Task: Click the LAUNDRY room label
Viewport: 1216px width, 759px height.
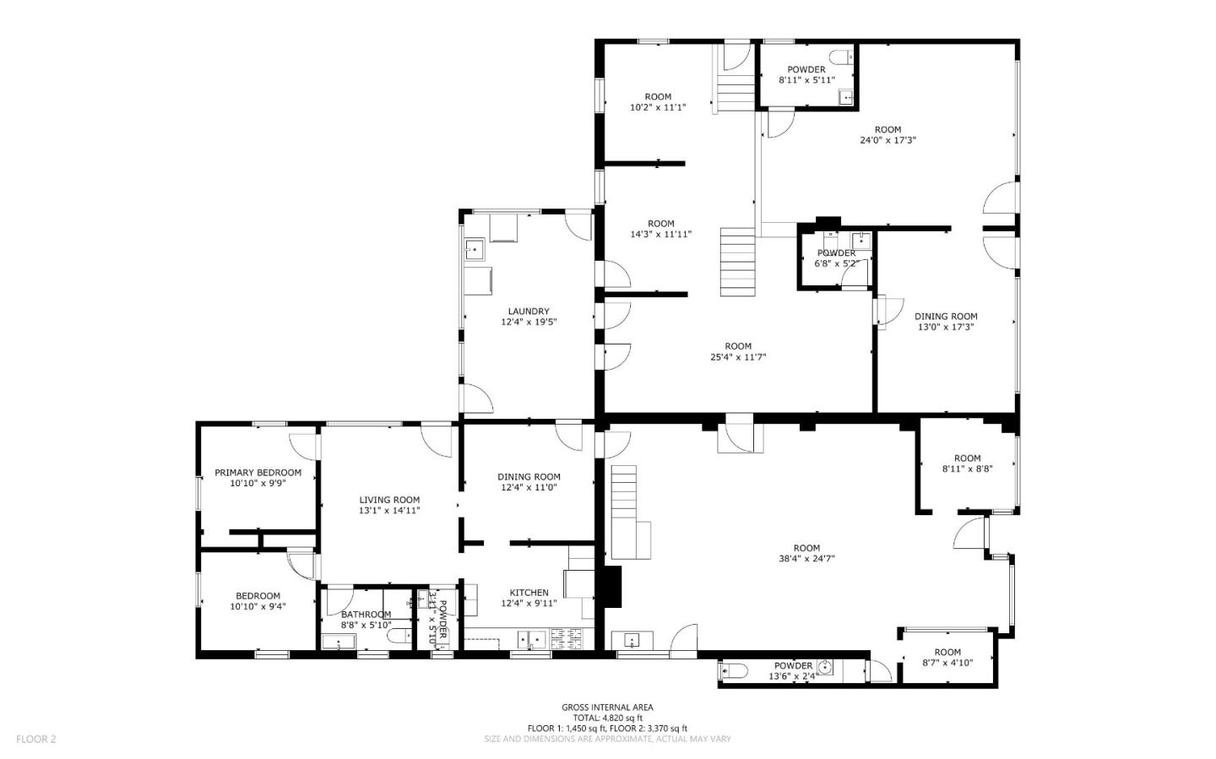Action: point(529,311)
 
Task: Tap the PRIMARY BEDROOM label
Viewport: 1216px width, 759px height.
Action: point(258,473)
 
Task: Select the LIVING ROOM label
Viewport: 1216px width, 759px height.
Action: point(389,500)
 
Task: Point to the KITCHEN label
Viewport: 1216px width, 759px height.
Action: point(529,593)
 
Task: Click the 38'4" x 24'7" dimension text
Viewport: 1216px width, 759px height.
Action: point(806,558)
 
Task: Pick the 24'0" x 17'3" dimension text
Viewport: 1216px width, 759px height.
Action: point(888,140)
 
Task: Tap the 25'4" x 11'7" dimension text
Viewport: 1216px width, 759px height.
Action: point(737,356)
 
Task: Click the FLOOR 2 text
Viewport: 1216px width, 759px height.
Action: point(35,739)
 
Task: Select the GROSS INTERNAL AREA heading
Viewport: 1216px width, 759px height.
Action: point(607,707)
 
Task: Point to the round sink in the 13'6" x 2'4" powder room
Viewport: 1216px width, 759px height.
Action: point(825,669)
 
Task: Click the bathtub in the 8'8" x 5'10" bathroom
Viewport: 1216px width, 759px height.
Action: point(339,642)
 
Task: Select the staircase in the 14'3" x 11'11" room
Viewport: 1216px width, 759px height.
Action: point(737,262)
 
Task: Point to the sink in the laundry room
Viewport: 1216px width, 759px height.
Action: point(474,248)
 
